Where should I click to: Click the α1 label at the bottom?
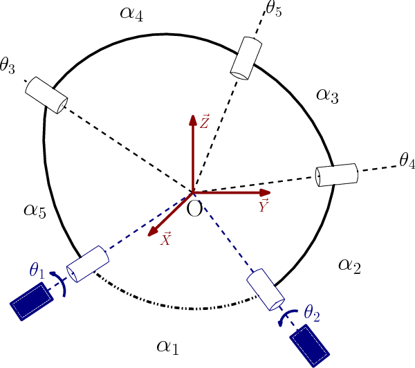pyautogui.click(x=168, y=346)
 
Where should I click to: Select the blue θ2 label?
pyautogui.click(x=312, y=312)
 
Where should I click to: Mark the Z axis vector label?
pyautogui.click(x=204, y=123)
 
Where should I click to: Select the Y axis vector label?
pyautogui.click(x=264, y=205)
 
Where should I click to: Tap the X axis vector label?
pyautogui.click(x=166, y=239)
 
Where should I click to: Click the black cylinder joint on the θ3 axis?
pyautogui.click(x=47, y=95)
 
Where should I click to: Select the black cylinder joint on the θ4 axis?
pyautogui.click(x=336, y=175)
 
